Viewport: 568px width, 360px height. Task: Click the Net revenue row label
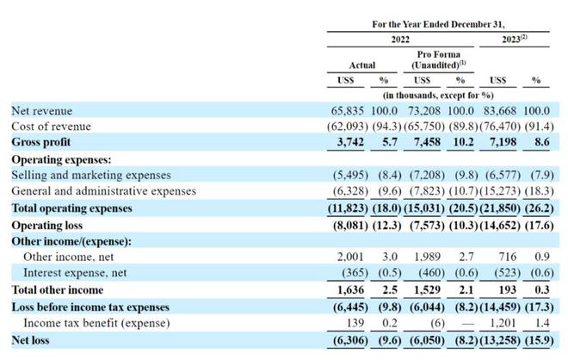[41, 110]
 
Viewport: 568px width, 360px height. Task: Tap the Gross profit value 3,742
[350, 142]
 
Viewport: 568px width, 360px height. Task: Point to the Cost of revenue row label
[51, 126]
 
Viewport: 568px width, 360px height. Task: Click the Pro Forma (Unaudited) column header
[438, 59]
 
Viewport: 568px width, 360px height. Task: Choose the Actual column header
[361, 65]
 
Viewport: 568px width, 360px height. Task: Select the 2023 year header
[515, 39]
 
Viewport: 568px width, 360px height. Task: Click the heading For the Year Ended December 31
[438, 24]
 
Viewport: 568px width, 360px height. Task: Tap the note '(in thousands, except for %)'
[438, 96]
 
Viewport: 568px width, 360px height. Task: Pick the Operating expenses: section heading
[61, 159]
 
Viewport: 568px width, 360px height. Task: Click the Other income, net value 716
[507, 257]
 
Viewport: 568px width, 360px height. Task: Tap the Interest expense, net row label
[75, 273]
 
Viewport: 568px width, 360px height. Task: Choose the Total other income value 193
[507, 289]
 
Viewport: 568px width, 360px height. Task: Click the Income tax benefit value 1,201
[503, 323]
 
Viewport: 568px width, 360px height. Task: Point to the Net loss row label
[30, 340]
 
